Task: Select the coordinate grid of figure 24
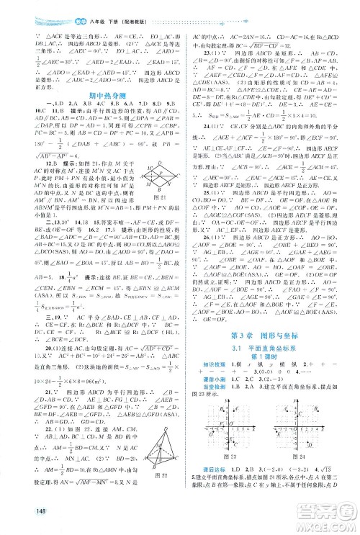(304, 425)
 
